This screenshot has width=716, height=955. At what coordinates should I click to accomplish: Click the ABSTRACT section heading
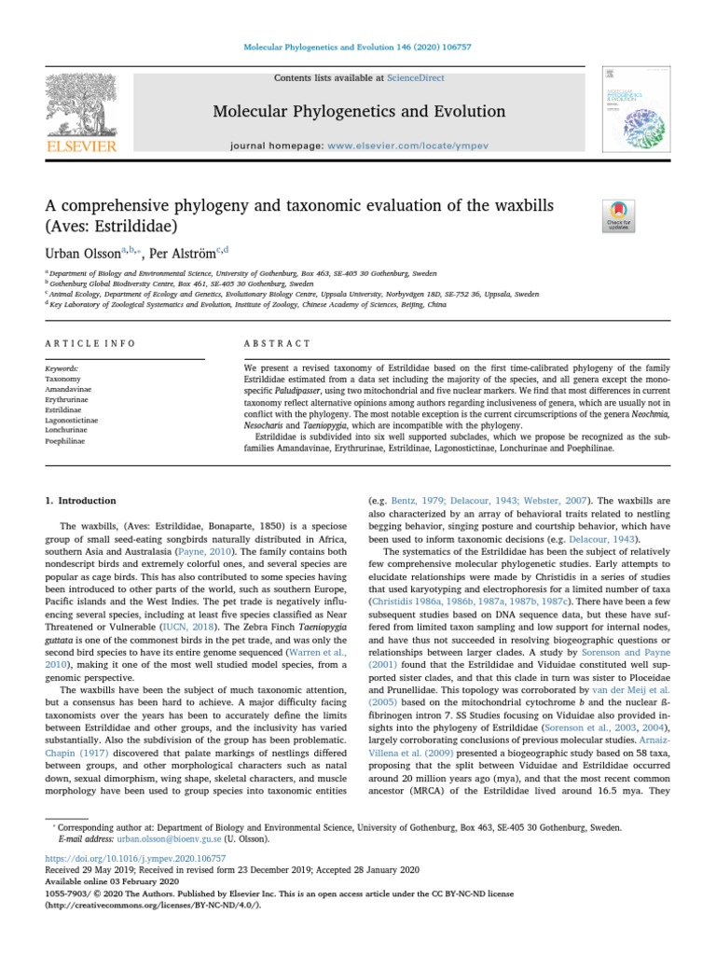coord(269,343)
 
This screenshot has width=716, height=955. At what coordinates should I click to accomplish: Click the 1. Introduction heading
coord(81,501)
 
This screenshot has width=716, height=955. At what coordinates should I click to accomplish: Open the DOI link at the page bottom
coord(135,857)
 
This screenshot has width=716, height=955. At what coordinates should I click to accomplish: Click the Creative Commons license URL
coord(153,904)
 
